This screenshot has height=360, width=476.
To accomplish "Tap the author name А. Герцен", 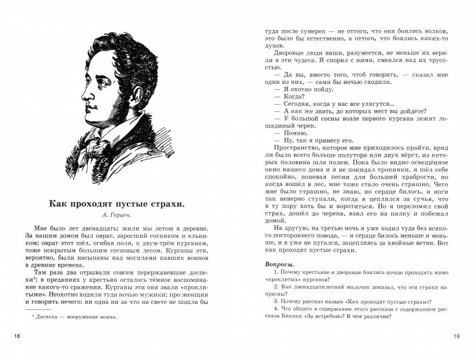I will (121, 216).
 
